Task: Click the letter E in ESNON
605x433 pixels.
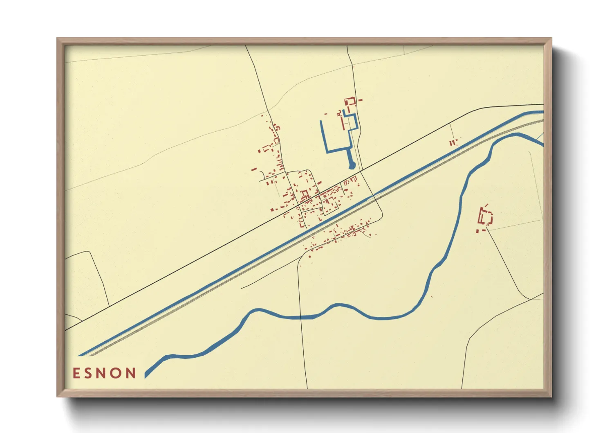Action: [76, 373]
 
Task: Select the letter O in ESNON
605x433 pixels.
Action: [117, 373]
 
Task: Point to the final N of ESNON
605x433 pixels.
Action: [131, 373]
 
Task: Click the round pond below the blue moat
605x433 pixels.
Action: [352, 165]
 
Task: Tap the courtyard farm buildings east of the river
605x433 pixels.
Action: [486, 217]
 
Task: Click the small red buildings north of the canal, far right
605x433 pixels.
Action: [453, 143]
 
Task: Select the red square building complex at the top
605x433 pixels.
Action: [350, 101]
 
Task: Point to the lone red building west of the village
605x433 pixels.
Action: [254, 169]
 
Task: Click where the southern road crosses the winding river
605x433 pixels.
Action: [301, 317]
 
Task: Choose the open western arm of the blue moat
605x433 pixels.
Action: [323, 135]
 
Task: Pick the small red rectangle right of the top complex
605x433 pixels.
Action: [360, 99]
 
